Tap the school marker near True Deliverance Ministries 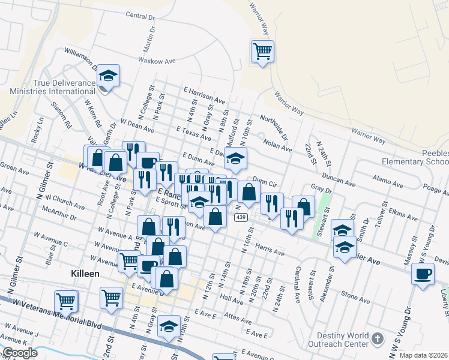(109, 76)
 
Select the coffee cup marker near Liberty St (423, 275)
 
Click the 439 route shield (241, 217)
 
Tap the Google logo (20, 353)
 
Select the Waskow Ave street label (157, 61)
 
